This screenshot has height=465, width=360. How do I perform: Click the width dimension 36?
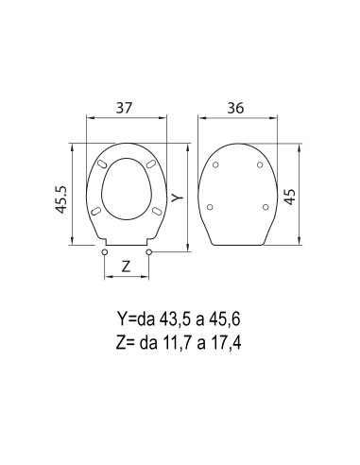pyautogui.click(x=239, y=110)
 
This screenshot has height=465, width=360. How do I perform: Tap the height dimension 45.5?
pyautogui.click(x=60, y=196)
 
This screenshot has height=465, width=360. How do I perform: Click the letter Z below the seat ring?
pyautogui.click(x=126, y=267)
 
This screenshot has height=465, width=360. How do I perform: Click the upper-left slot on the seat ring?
pyautogui.click(x=102, y=166)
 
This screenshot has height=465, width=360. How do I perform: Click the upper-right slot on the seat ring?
pyautogui.click(x=152, y=166)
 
